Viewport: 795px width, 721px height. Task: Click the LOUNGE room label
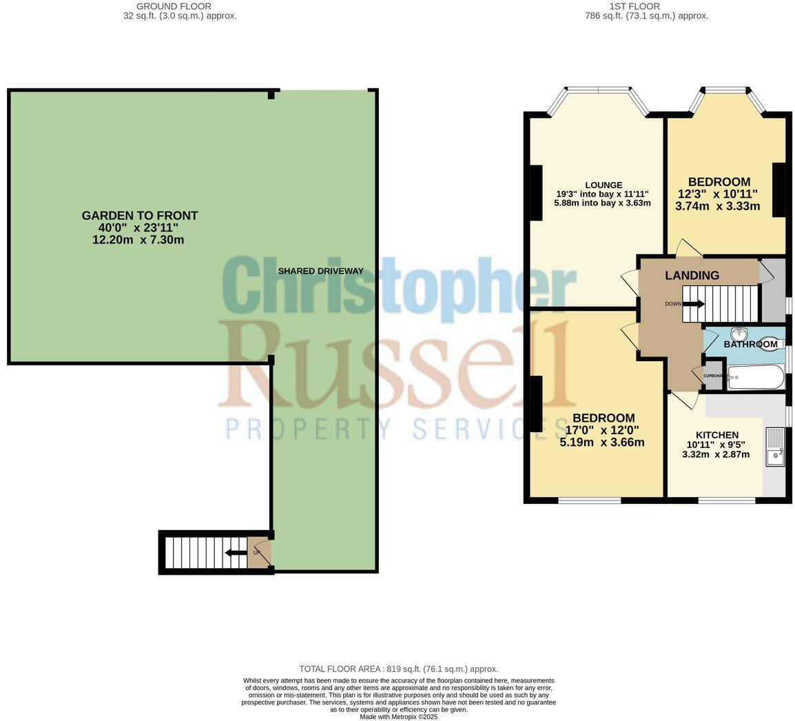[603, 185]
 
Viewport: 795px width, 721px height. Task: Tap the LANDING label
[692, 275]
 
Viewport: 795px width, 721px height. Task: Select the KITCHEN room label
[716, 435]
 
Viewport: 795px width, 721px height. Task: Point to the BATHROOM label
[750, 344]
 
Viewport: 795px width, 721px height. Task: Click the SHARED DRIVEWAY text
[320, 271]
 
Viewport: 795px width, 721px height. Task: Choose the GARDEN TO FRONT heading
[140, 216]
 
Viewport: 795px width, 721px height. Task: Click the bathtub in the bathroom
[756, 377]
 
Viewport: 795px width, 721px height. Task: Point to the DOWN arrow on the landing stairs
[693, 304]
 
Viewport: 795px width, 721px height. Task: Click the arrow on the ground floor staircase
[236, 552]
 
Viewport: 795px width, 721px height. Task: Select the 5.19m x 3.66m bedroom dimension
[602, 443]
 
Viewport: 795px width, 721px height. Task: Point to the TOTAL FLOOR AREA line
[398, 669]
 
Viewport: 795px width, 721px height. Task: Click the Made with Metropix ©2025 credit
[399, 717]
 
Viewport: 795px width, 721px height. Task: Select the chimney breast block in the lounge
[535, 192]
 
